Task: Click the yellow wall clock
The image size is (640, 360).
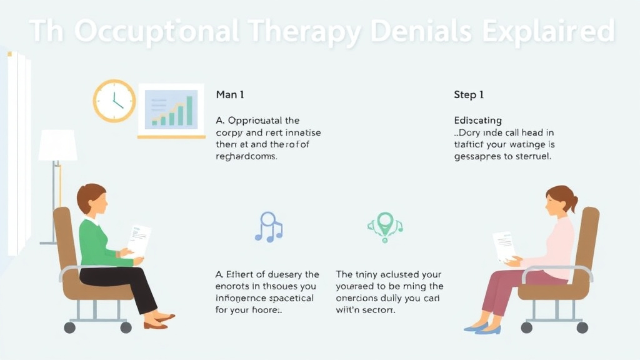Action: [114, 101]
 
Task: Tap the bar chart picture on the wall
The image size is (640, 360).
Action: [171, 110]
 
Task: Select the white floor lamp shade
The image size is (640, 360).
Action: [57, 146]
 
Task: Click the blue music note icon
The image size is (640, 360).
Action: [268, 227]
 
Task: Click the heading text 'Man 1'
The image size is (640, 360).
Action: [229, 95]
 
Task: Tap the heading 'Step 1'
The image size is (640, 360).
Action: [469, 95]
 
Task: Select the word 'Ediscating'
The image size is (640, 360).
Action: [477, 120]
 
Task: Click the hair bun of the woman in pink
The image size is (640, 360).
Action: [574, 203]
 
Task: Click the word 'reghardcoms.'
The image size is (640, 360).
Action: [246, 157]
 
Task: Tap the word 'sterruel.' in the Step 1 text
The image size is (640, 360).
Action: [530, 157]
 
